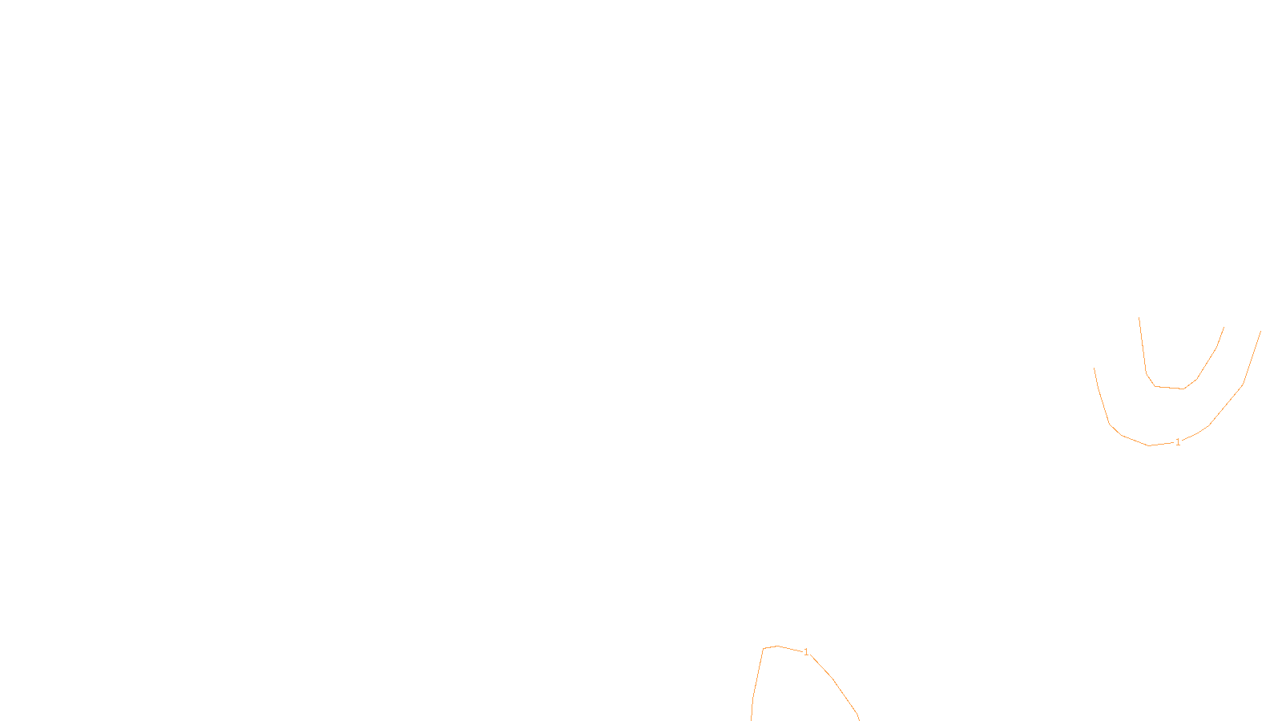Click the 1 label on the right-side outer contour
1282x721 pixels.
point(1178,442)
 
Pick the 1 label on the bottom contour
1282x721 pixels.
point(806,652)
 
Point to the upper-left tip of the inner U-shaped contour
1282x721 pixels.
point(1139,318)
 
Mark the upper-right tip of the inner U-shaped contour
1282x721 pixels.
point(1224,327)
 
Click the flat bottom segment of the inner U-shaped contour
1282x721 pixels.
point(1169,388)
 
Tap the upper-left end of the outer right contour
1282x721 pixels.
point(1095,369)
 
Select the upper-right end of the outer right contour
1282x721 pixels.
point(1261,331)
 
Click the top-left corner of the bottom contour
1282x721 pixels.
point(764,648)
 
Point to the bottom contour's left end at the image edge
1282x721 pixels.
point(752,719)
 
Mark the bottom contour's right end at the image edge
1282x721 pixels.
point(859,718)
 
